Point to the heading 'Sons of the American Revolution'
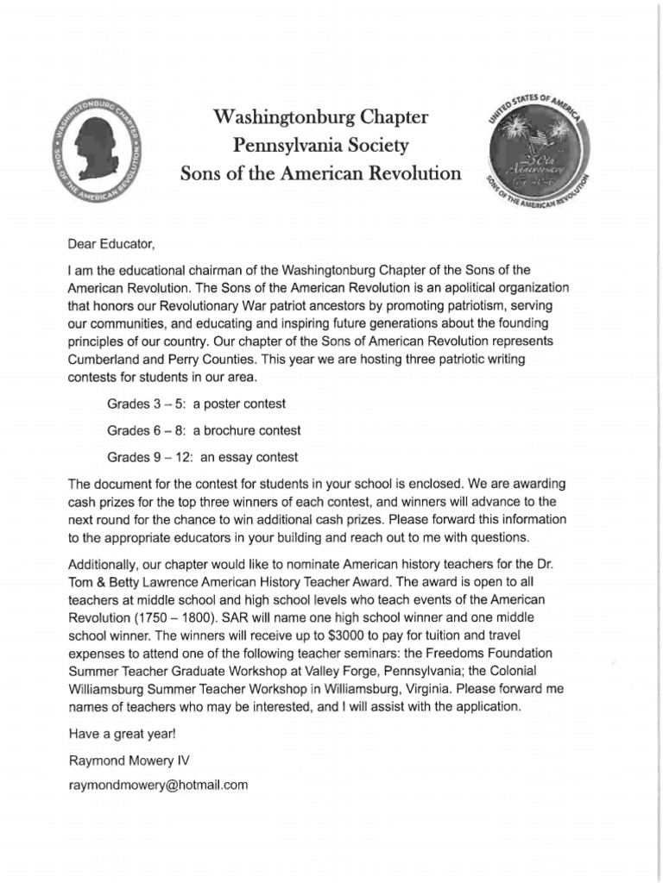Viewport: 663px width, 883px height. [x=320, y=173]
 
